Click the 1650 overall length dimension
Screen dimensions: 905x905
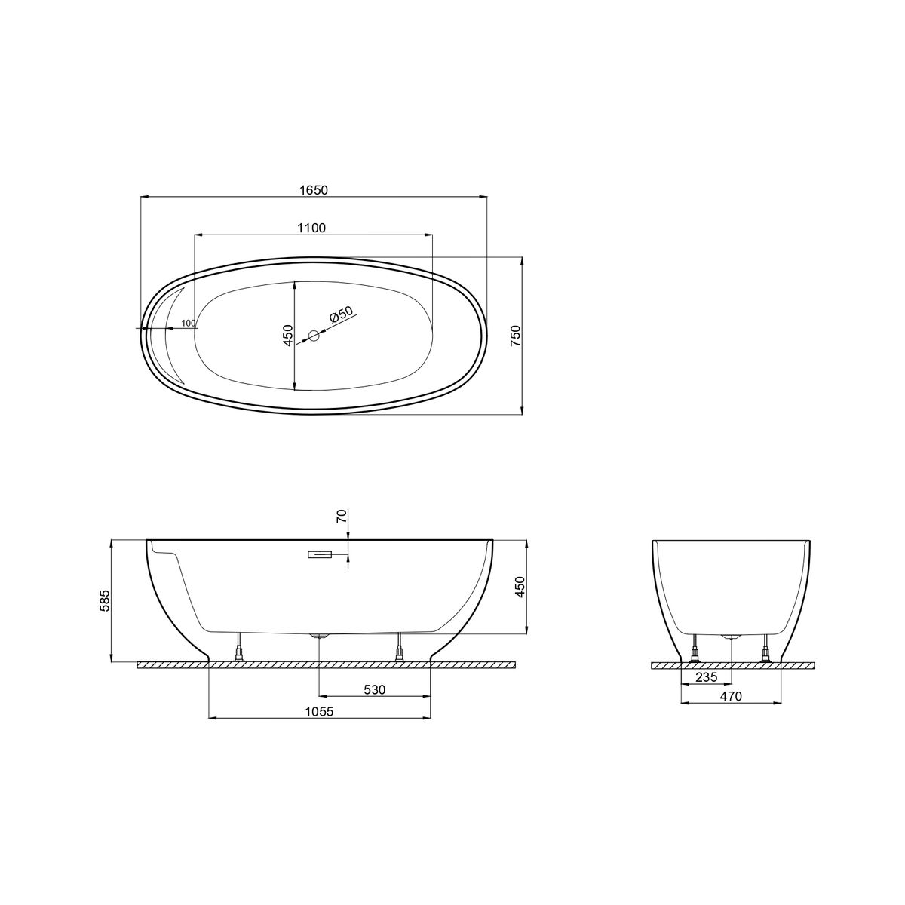[x=313, y=190]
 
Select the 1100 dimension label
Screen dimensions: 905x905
[x=311, y=228]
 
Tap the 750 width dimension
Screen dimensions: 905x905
[x=516, y=336]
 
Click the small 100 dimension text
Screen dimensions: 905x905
[x=189, y=323]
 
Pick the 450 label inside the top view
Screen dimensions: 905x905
[x=288, y=335]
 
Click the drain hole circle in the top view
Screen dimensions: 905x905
[x=314, y=336]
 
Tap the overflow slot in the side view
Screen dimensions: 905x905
[x=320, y=554]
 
